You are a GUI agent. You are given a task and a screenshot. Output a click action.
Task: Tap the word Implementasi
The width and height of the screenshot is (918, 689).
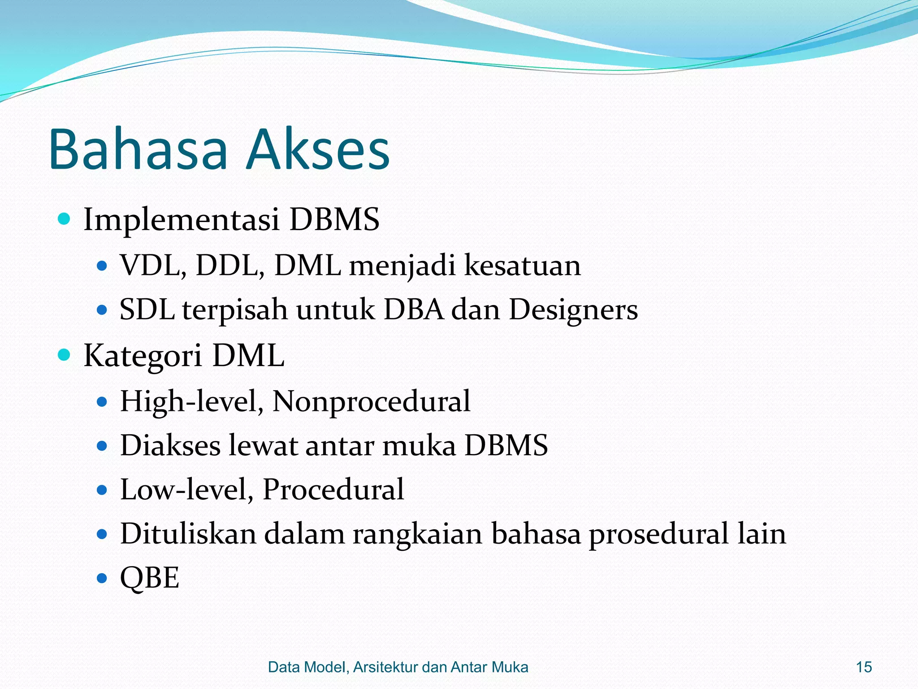coord(182,220)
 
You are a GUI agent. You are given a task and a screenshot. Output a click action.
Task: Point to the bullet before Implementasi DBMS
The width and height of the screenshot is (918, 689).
coord(65,219)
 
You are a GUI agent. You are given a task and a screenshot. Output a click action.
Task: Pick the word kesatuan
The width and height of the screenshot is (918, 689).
coord(522,265)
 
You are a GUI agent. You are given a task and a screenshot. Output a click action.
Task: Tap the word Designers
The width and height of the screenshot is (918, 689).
coord(573,310)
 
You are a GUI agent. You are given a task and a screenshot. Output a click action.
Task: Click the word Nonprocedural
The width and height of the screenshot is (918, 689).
coord(371,401)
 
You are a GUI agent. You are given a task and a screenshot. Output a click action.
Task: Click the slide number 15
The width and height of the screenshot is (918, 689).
coord(864,667)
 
